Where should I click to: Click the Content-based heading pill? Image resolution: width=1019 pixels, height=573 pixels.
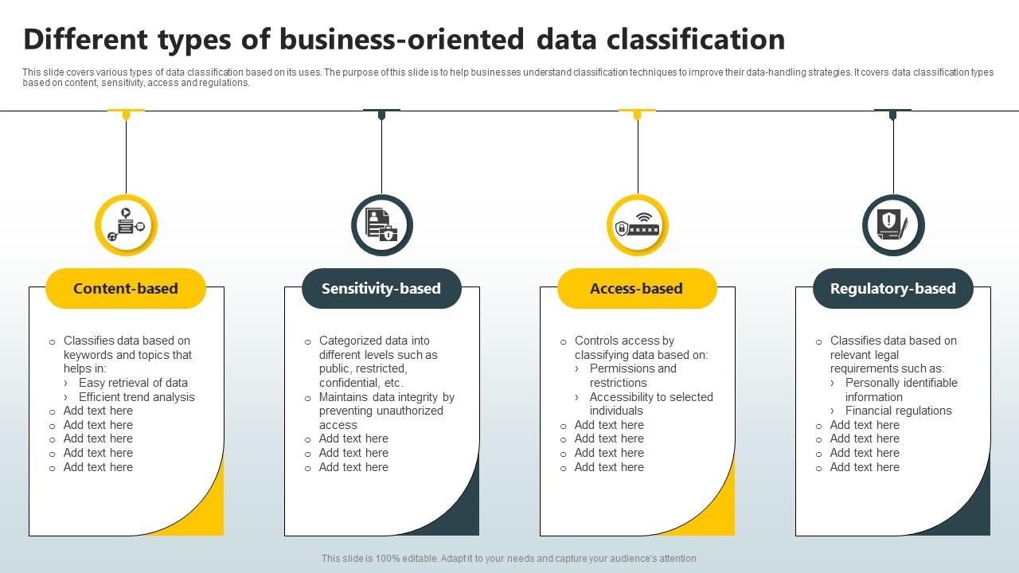(x=126, y=288)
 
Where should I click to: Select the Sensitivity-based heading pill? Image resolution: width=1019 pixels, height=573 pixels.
(x=381, y=288)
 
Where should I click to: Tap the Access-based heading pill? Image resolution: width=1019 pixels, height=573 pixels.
(x=637, y=288)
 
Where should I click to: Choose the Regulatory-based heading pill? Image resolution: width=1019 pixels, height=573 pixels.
(x=892, y=288)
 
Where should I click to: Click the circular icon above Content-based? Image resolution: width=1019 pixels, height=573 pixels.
(x=126, y=225)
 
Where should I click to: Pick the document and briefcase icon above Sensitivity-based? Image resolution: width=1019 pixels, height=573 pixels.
(x=381, y=225)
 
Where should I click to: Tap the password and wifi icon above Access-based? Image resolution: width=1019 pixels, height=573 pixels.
(x=637, y=225)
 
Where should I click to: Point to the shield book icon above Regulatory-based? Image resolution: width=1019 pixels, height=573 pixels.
(x=892, y=225)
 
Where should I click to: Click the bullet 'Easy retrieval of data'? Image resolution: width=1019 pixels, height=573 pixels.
(x=133, y=383)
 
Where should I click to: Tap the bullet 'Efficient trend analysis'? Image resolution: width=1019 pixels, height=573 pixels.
(x=136, y=397)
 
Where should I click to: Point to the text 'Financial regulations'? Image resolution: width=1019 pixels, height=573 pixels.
(x=898, y=411)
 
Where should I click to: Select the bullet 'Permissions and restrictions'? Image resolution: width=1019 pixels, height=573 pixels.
(x=633, y=376)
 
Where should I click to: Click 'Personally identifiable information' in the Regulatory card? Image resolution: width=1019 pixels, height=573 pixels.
(x=900, y=390)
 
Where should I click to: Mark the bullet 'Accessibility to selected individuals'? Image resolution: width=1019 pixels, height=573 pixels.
(x=650, y=403)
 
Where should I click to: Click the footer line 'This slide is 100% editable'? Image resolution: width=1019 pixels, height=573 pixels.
(x=509, y=559)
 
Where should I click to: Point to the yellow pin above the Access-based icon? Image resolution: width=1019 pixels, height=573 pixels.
(x=637, y=115)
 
